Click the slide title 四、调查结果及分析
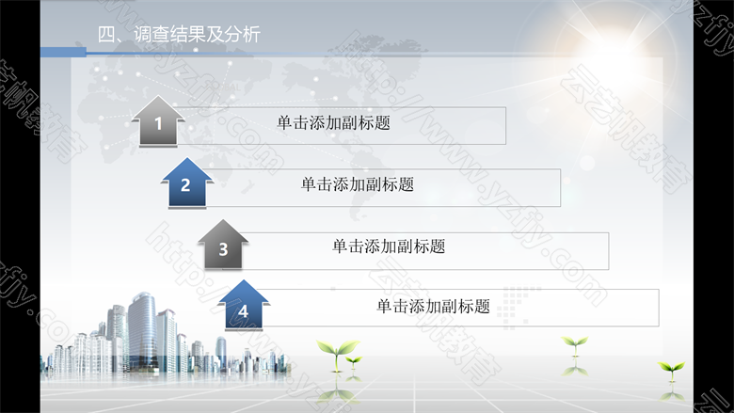click(x=179, y=35)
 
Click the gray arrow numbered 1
click(x=158, y=121)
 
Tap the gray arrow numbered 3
click(x=223, y=245)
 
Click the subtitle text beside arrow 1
click(x=333, y=123)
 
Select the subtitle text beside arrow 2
click(x=358, y=184)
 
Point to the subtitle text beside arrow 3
click(x=389, y=246)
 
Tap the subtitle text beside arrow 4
click(x=434, y=307)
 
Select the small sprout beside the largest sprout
click(x=354, y=361)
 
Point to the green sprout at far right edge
click(x=671, y=370)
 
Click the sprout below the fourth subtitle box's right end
click(x=575, y=346)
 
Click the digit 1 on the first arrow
click(x=158, y=124)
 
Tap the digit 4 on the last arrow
click(x=243, y=311)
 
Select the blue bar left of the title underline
click(x=63, y=53)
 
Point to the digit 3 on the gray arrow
click(x=223, y=249)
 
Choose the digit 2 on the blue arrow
click(x=185, y=185)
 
